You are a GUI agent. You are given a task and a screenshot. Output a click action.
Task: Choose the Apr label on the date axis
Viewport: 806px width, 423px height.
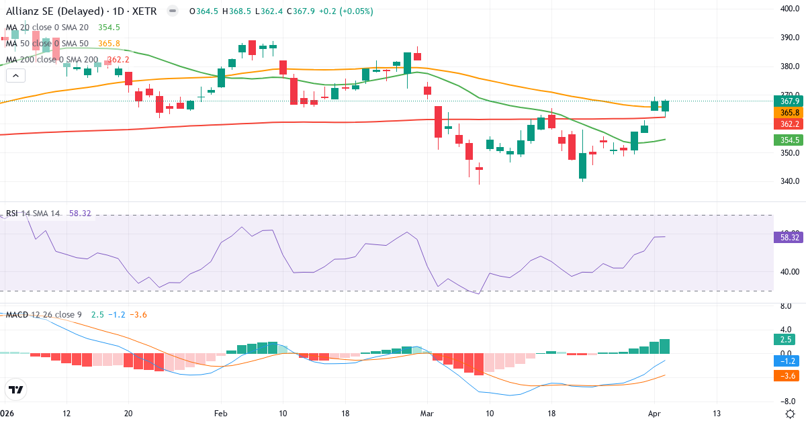(655, 413)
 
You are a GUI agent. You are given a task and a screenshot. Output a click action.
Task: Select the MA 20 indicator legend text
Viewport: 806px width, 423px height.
(47, 28)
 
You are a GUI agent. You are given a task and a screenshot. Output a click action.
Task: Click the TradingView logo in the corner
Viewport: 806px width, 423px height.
(16, 389)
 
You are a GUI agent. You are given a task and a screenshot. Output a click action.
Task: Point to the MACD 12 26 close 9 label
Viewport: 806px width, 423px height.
(44, 315)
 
